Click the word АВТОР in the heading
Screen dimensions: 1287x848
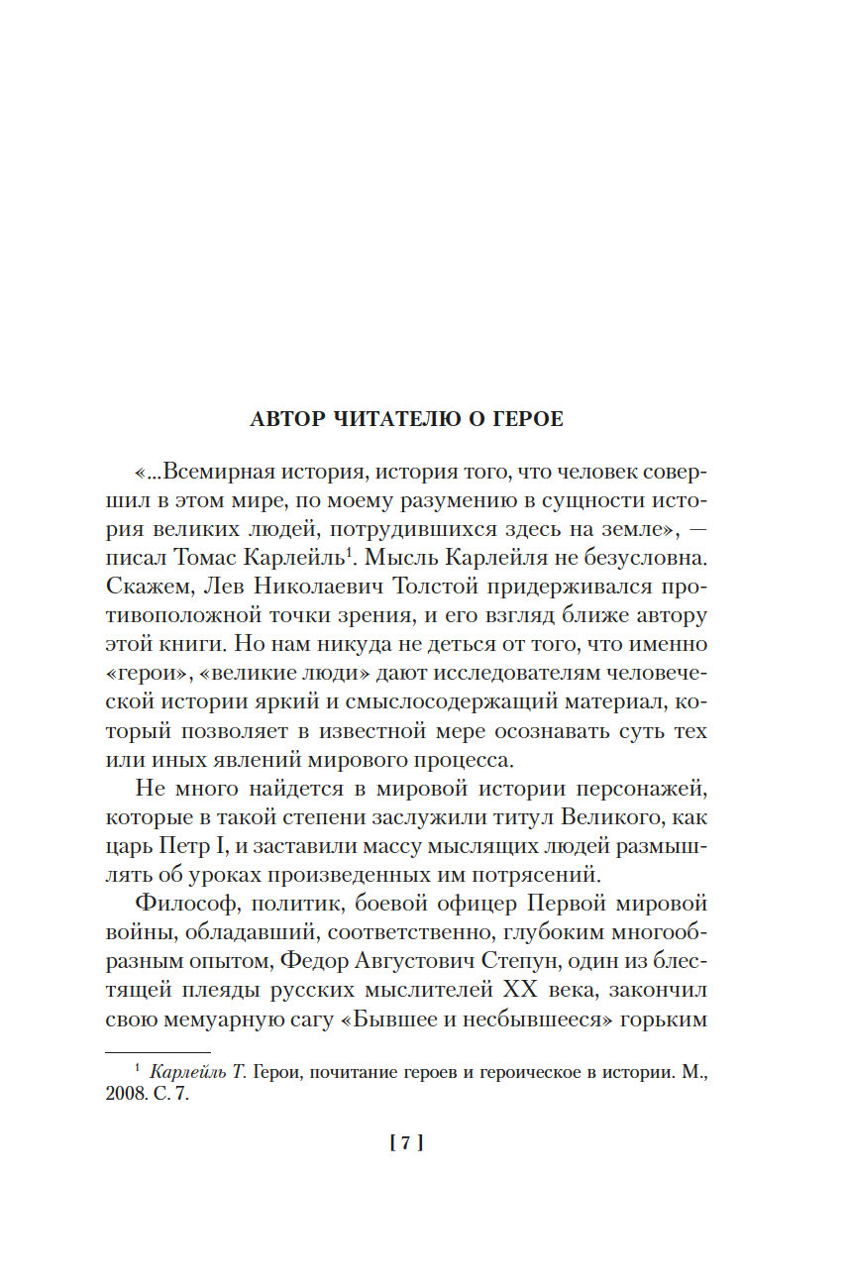point(287,419)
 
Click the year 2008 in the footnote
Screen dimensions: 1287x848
point(125,1098)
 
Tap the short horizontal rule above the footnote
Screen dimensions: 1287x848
point(158,1052)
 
